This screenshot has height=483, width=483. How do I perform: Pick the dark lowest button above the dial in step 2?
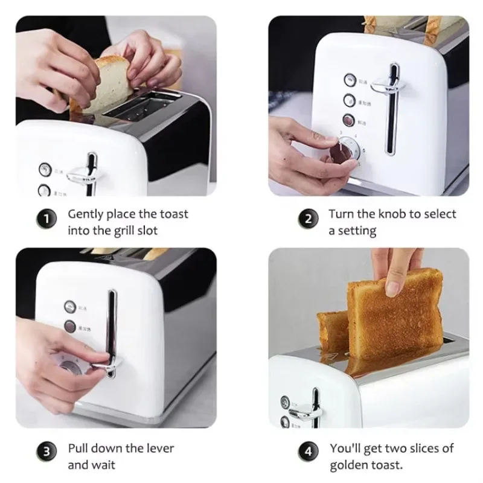point(349,120)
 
